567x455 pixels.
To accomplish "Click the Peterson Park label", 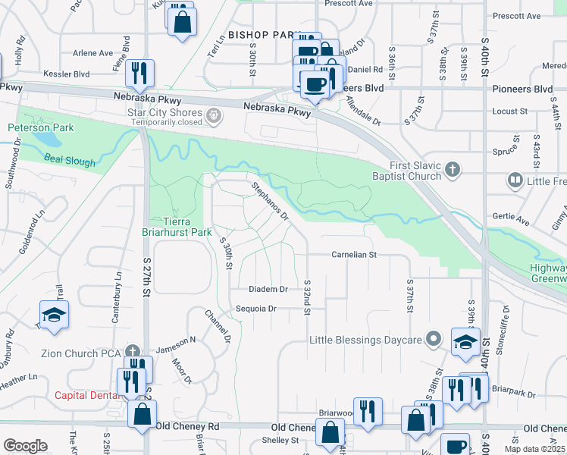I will [41, 127].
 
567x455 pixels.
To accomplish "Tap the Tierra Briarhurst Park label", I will [180, 227].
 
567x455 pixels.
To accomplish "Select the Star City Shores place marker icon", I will [214, 116].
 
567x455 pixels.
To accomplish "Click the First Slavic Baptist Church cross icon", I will [453, 169].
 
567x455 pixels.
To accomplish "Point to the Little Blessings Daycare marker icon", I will [434, 339].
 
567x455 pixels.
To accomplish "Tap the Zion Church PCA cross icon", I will [133, 351].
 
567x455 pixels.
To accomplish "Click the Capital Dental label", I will [86, 395].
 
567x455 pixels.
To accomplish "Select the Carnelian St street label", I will [354, 255].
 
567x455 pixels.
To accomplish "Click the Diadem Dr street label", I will [269, 289].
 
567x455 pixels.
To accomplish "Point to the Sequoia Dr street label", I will [255, 309].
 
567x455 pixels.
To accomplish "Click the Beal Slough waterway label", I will [70, 162].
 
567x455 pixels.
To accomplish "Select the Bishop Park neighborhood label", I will [260, 35].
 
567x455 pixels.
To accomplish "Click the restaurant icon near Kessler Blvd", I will [140, 73].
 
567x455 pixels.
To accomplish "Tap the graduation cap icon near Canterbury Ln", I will [55, 315].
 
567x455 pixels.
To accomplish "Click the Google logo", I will [25, 446].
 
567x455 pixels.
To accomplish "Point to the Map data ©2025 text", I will [534, 449].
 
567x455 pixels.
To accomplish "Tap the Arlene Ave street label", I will [92, 53].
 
